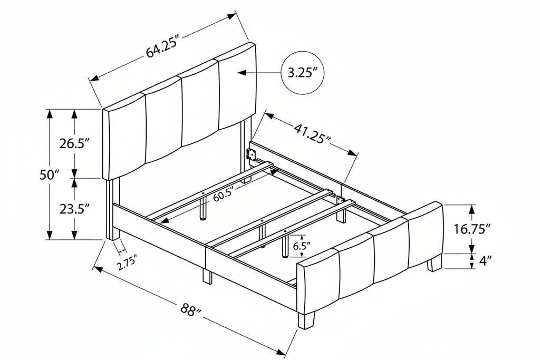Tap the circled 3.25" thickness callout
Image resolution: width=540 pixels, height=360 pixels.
(303, 73)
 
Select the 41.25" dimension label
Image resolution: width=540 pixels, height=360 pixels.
(312, 134)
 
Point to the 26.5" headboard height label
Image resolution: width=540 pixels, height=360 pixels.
(74, 143)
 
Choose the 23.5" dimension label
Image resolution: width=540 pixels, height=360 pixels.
(74, 209)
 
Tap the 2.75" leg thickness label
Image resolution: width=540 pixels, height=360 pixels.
(127, 262)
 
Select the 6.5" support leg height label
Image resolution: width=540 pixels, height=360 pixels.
(302, 247)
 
